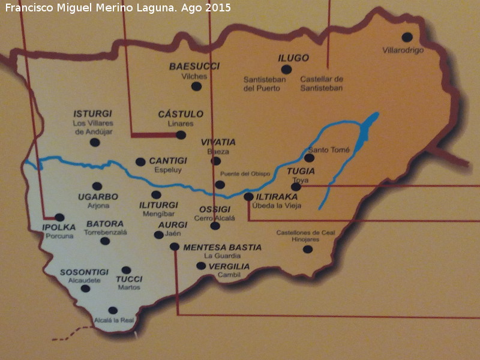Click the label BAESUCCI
[x=194, y=66]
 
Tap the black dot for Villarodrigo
[x=407, y=37]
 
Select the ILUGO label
[x=293, y=58]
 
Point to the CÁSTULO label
[x=181, y=114]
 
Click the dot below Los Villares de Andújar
[x=94, y=142]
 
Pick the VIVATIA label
[x=218, y=142]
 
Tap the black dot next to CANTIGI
[x=140, y=161]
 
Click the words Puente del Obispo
[x=246, y=173]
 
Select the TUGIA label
[x=301, y=171]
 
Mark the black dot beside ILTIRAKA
[x=248, y=196]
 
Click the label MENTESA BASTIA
[x=222, y=247]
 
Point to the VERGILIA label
[x=229, y=266]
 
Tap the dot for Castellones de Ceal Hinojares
[x=308, y=249]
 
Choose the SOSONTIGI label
[x=84, y=272]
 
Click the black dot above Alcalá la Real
[x=113, y=310]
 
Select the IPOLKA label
[x=59, y=227]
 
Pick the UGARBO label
[x=98, y=197]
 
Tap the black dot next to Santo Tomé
[x=309, y=158]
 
